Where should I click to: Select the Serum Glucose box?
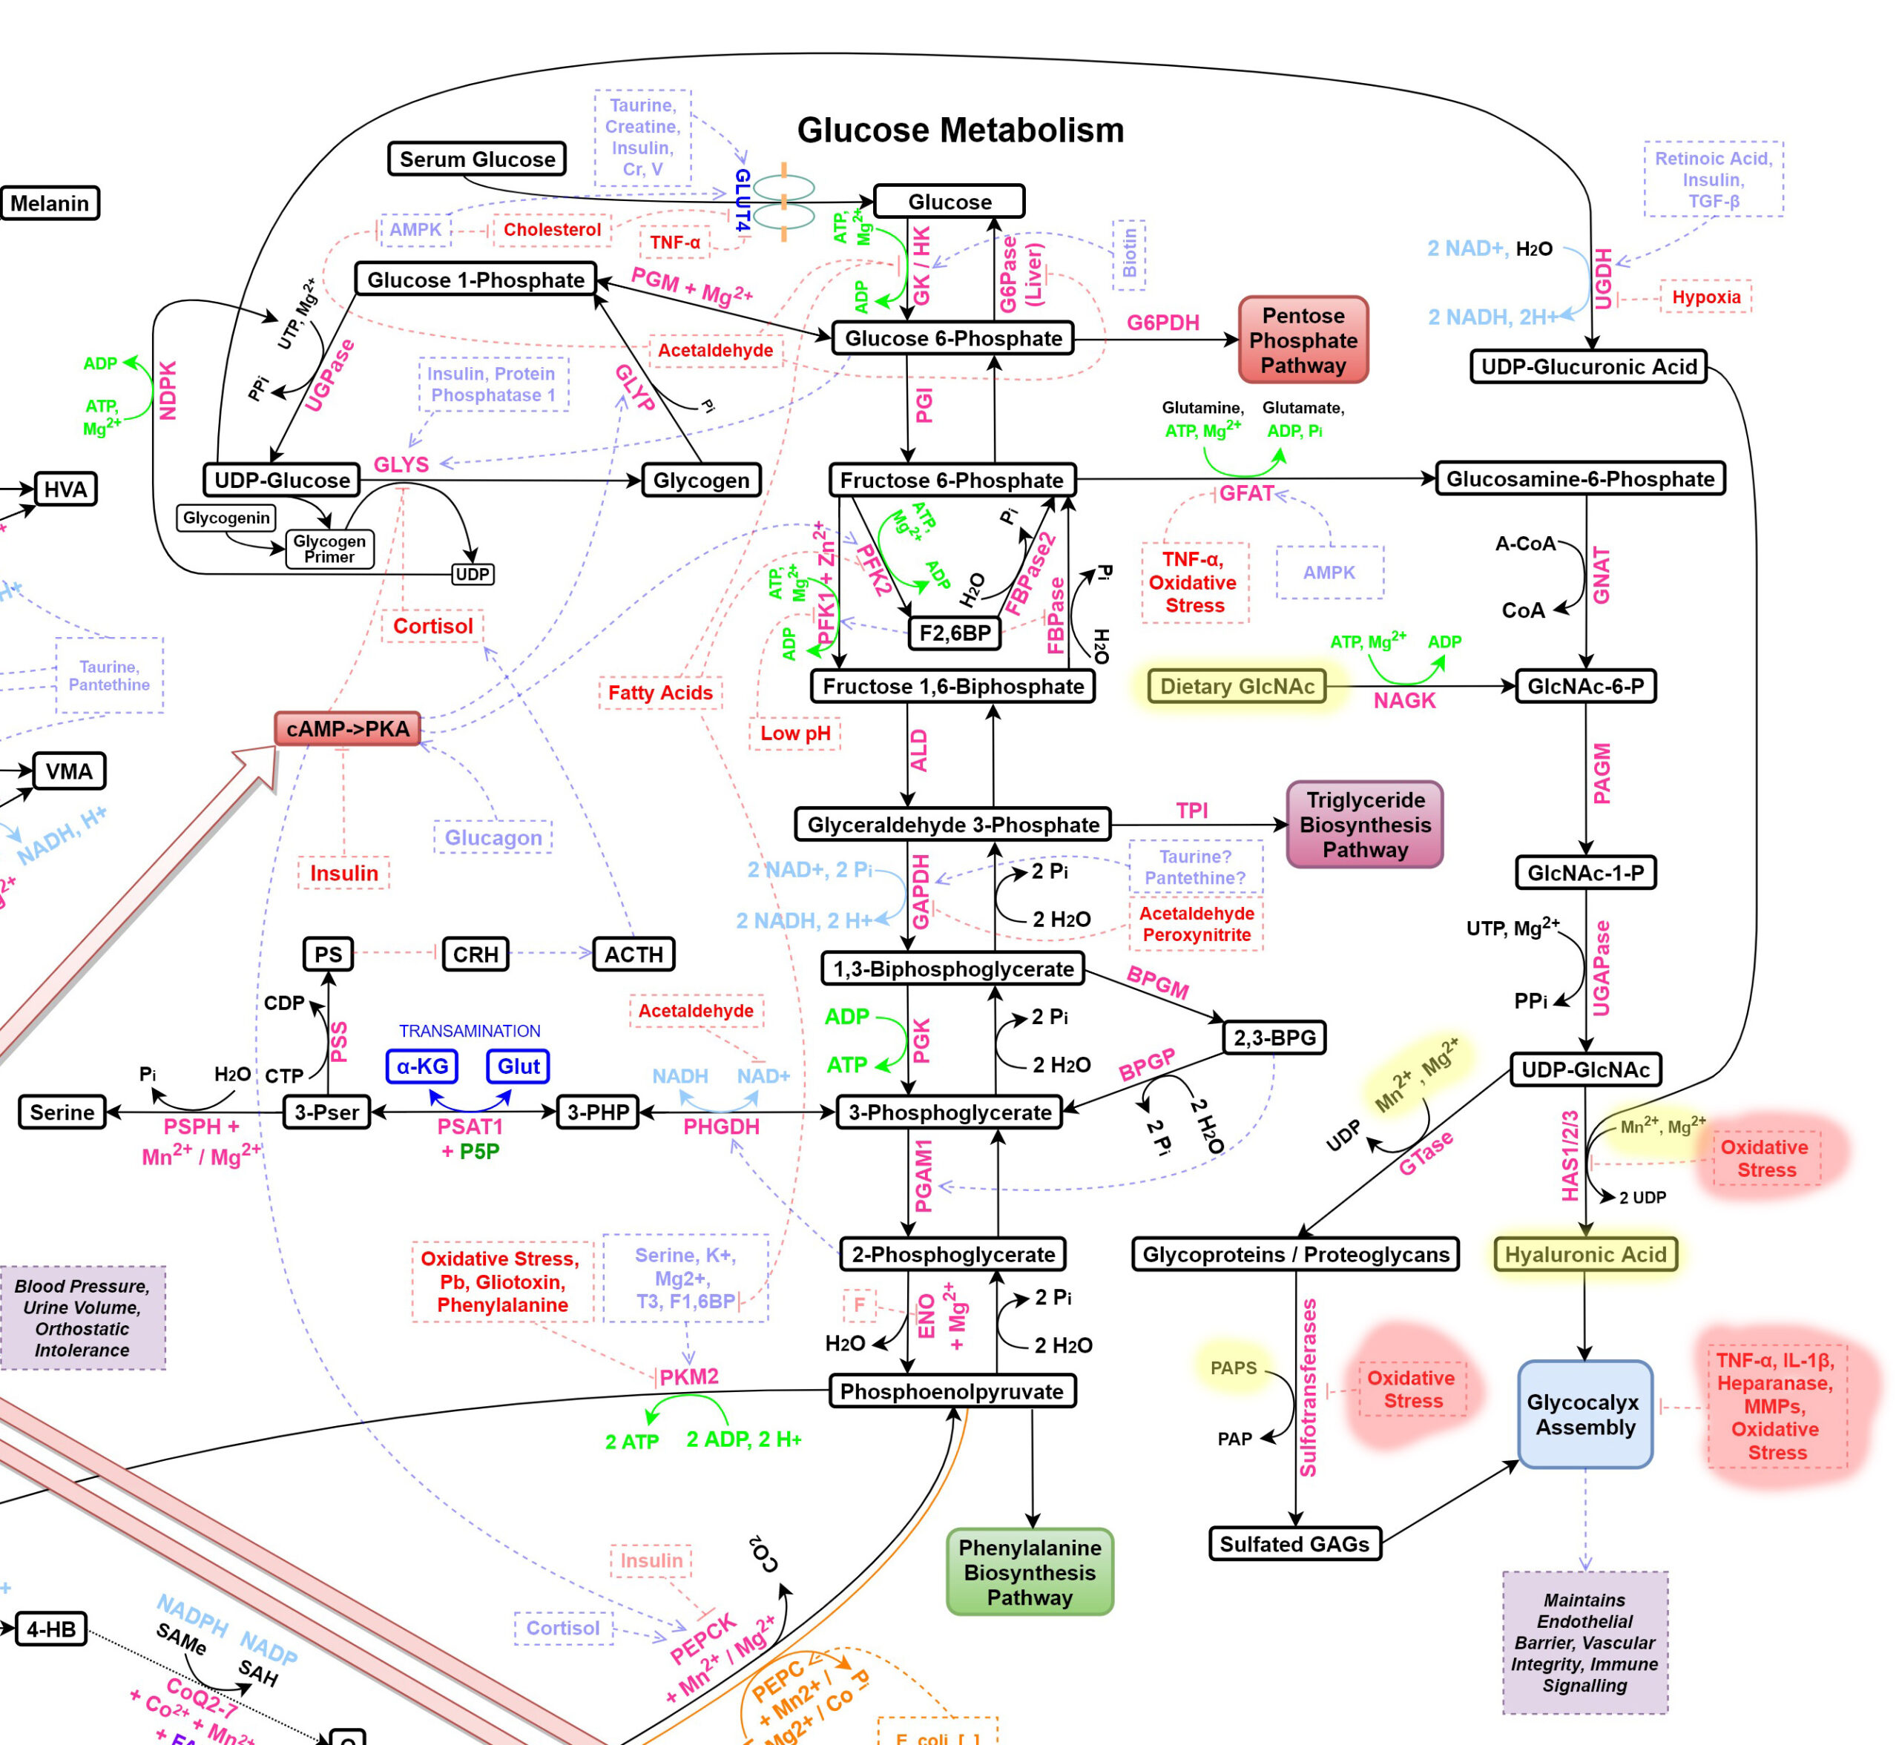click(477, 159)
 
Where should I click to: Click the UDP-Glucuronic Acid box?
click(1588, 366)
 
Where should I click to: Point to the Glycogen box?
click(701, 481)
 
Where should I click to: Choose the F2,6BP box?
click(955, 633)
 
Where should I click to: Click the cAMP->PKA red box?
click(347, 729)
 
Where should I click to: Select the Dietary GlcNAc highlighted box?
click(1236, 687)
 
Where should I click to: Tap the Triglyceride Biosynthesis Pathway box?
click(1363, 825)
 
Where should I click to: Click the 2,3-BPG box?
click(1274, 1038)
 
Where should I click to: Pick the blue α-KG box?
click(422, 1066)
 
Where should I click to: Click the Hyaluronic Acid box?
click(1584, 1254)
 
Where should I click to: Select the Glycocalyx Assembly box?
click(1584, 1414)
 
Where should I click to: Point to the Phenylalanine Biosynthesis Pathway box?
click(1030, 1572)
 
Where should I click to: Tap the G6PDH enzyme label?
click(1162, 323)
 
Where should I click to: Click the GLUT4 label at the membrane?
click(743, 201)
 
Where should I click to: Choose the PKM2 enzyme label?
click(688, 1376)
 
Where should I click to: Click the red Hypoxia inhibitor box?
click(1705, 297)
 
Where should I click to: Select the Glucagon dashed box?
click(493, 837)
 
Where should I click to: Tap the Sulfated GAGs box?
click(1294, 1544)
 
